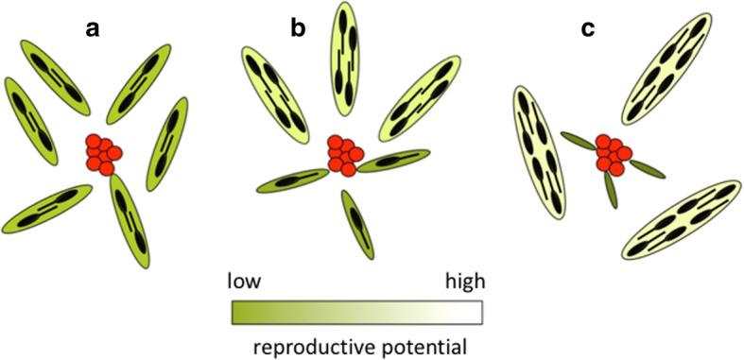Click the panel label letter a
pos(93,29)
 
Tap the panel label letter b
pos(298,29)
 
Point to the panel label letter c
pos(588,29)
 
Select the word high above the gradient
pos(465,281)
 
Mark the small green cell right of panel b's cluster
pos(393,162)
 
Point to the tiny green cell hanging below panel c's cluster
pos(611,192)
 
